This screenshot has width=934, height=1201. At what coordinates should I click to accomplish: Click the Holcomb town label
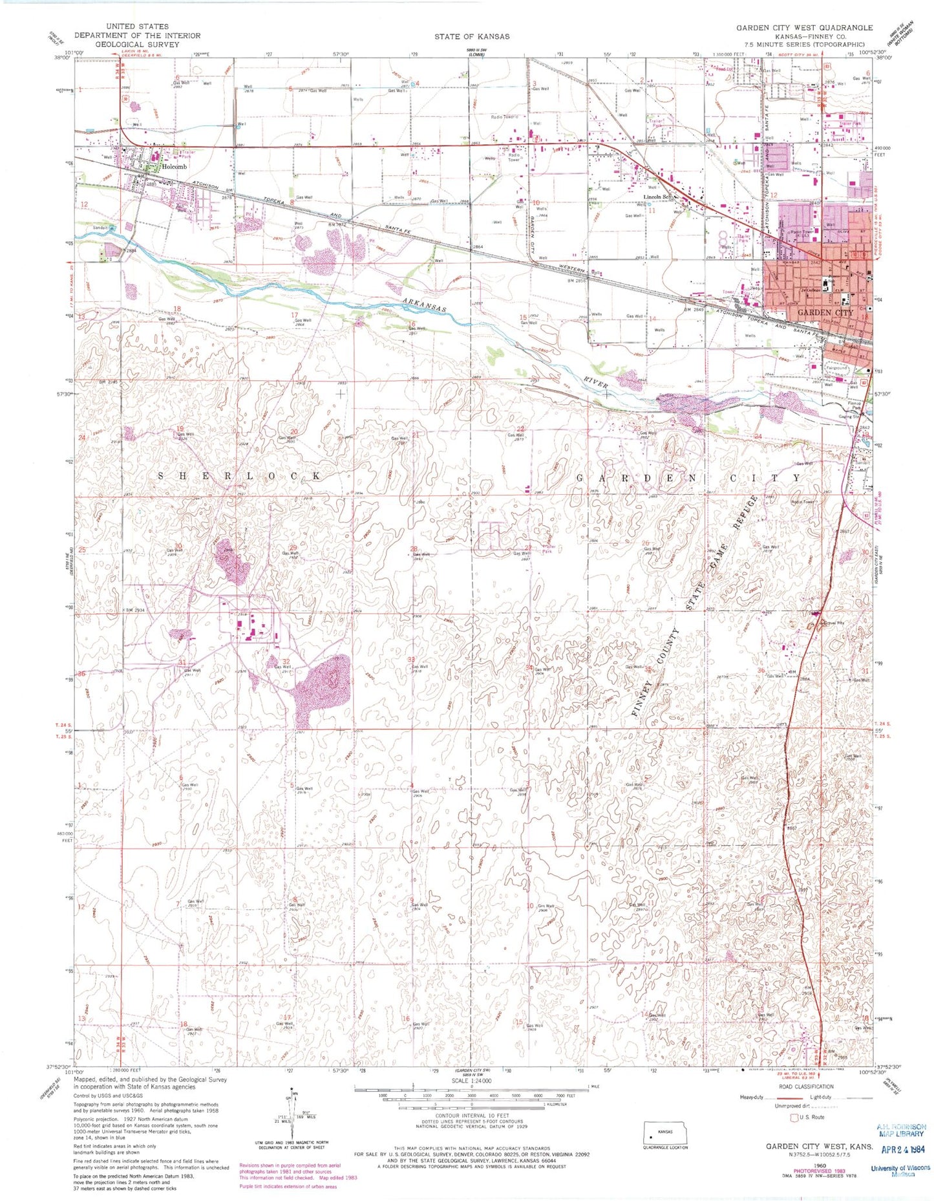[174, 166]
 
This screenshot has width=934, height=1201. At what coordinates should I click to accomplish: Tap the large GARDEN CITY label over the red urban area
[825, 312]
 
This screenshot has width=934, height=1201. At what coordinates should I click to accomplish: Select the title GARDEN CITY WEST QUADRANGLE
[804, 28]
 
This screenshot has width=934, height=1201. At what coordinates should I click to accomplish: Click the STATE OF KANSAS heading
[471, 36]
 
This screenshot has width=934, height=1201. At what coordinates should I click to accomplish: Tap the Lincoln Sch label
[659, 197]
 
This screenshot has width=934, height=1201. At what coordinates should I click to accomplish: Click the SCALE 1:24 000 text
[471, 1081]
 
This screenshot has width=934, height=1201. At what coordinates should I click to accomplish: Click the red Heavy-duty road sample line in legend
[782, 1098]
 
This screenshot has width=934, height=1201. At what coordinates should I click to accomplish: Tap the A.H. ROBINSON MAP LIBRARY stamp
[901, 1130]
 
